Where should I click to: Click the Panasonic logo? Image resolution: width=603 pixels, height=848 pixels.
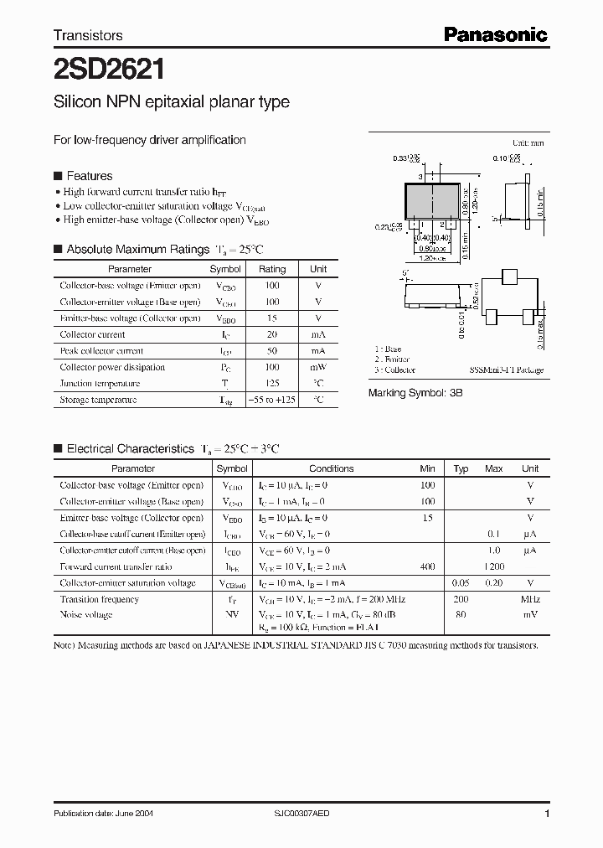(x=495, y=34)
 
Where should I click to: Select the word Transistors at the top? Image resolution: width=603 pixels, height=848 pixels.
(x=88, y=35)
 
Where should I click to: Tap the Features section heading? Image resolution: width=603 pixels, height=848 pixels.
(x=89, y=176)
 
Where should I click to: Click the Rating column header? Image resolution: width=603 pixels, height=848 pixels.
(x=271, y=269)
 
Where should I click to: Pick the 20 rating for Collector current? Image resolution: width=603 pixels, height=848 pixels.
(x=271, y=334)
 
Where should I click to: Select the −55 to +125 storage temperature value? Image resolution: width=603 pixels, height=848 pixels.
(x=271, y=400)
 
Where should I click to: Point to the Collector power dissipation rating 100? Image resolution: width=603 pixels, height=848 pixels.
(x=271, y=367)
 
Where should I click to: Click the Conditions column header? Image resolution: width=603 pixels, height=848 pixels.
(x=331, y=468)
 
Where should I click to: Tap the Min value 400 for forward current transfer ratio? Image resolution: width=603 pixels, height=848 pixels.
(x=427, y=567)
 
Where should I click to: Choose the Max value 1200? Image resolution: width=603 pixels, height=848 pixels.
(x=493, y=567)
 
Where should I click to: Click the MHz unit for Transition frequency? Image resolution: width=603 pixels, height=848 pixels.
(x=529, y=599)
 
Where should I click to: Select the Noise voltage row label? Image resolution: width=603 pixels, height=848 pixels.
(x=85, y=615)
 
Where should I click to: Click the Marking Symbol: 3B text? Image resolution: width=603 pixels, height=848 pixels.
(x=415, y=392)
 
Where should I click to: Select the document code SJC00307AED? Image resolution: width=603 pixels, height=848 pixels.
(x=309, y=814)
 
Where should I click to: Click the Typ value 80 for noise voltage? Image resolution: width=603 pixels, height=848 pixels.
(x=461, y=615)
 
